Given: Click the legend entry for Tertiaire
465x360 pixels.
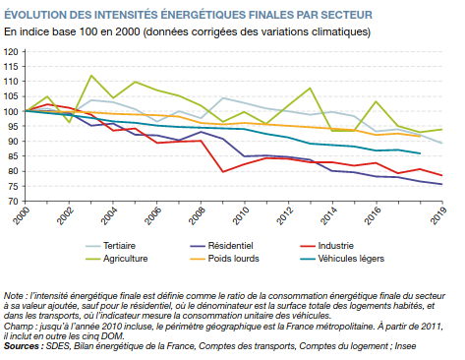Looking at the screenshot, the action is tap(110, 246).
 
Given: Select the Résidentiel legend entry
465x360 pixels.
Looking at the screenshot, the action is tap(221, 246).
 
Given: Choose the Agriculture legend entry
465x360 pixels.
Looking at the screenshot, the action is tap(117, 259).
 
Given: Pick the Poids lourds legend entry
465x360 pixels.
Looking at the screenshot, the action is tap(224, 259).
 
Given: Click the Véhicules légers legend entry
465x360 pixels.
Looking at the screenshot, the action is tap(342, 259).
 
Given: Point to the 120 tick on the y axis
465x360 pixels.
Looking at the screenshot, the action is tap(11, 52).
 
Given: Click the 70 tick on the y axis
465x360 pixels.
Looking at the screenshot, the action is tap(13, 202).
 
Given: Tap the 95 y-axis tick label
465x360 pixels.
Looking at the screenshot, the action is tap(13, 127).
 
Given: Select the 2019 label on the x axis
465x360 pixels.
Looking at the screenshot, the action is tap(439, 215).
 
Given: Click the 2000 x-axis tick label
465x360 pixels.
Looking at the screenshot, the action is tap(22, 215).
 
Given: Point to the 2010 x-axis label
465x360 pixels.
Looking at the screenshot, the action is tap(241, 215).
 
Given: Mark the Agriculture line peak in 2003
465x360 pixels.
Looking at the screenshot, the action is tap(91, 76).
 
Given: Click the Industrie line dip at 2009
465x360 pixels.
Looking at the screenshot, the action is tap(223, 172).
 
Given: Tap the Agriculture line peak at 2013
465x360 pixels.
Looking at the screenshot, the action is tap(311, 88).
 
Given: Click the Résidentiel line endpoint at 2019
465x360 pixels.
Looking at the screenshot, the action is tap(442, 184).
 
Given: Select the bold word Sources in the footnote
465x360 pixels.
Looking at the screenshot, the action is tap(22, 346).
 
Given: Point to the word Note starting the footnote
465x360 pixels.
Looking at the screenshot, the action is tap(14, 296).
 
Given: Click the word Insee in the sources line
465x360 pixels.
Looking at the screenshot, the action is tap(405, 346).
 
